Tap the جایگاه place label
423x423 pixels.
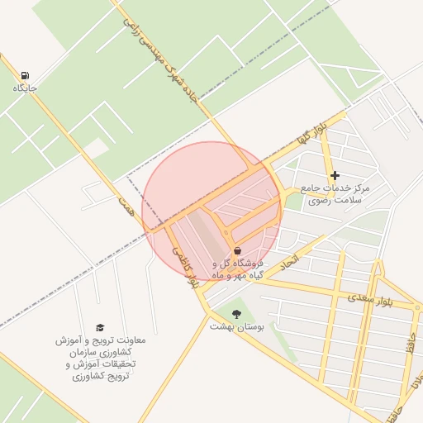(25, 88)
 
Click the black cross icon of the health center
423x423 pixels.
(335, 175)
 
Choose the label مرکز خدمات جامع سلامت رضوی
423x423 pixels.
(335, 193)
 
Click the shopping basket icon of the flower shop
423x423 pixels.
(237, 250)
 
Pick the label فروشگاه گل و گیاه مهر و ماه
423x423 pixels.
(244, 268)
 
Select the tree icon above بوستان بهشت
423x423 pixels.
(237, 314)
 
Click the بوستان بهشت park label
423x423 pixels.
(237, 327)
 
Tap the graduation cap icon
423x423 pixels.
(100, 328)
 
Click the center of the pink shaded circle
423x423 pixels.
(211, 211)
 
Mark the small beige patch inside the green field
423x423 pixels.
(97, 149)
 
